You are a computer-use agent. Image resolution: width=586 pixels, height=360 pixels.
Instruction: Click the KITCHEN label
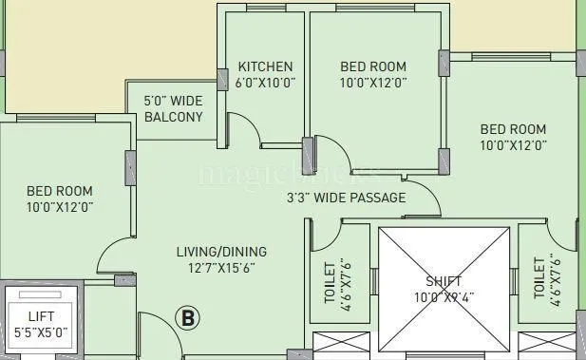[x=265, y=66]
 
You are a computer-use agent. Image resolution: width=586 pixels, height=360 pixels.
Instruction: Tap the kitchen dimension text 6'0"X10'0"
[x=265, y=83]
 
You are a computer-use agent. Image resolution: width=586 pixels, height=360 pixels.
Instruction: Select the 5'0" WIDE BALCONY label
[x=173, y=109]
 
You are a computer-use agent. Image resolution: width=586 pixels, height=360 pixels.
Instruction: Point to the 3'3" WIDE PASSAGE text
[x=346, y=199]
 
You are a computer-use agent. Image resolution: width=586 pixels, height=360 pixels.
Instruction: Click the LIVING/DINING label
[x=221, y=252]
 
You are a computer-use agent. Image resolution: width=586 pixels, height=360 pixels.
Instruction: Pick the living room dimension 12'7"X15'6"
[x=221, y=268]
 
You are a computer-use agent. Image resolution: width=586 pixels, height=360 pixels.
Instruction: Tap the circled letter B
[x=188, y=319]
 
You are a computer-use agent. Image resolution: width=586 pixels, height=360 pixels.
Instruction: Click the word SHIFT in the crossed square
[x=444, y=282]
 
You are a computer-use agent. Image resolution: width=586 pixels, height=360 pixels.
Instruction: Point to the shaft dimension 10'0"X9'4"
[x=444, y=297]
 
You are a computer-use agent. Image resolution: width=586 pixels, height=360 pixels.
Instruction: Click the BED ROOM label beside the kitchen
[x=373, y=66]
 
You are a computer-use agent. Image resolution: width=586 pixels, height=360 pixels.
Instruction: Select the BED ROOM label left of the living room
[x=59, y=191]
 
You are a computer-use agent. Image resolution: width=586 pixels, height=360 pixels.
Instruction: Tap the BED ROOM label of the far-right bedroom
[x=513, y=129]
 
